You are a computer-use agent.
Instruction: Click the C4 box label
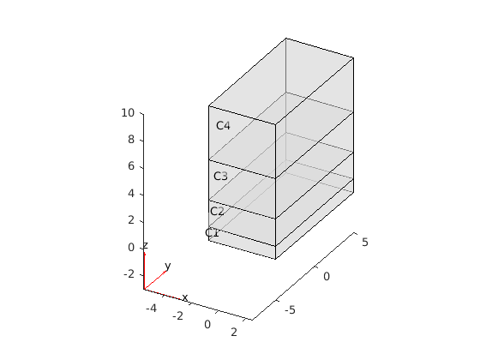223,125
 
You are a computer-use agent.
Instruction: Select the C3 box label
220,176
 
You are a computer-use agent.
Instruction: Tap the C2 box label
217,211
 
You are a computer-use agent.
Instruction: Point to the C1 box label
213,232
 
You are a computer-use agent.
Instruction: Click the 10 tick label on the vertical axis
128,113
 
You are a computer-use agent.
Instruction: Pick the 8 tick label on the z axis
131,140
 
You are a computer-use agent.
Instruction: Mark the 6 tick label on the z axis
131,166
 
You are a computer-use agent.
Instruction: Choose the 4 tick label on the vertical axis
131,194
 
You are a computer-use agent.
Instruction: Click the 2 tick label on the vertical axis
131,220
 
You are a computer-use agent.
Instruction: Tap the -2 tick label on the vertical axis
129,274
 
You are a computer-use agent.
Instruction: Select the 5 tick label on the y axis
365,243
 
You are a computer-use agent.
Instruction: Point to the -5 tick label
290,310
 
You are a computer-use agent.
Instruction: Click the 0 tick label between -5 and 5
327,277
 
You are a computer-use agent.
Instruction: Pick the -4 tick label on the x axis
151,309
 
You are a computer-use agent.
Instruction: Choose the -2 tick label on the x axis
178,315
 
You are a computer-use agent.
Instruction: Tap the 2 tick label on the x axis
234,333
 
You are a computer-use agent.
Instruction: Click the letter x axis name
184,297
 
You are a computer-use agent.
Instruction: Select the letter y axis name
167,266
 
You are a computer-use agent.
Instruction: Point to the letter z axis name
146,245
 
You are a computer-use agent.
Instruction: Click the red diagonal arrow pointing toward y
155,279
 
